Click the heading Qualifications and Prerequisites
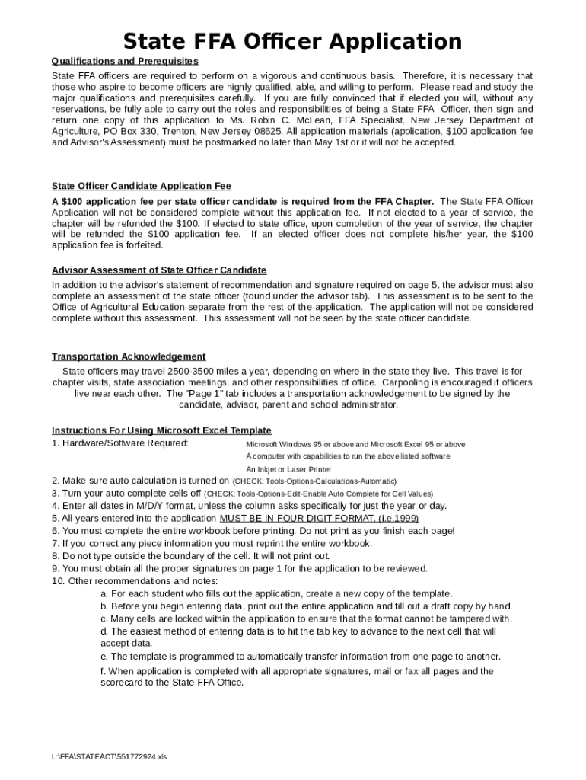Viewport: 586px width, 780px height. pyautogui.click(x=125, y=61)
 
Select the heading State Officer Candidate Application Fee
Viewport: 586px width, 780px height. pyautogui.click(x=142, y=186)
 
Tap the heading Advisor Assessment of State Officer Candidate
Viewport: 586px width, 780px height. pyautogui.click(x=159, y=270)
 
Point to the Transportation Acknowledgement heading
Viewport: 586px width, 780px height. pyautogui.click(x=129, y=356)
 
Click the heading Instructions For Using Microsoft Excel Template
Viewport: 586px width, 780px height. pyautogui.click(x=161, y=430)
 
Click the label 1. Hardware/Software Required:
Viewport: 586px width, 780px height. pyautogui.click(x=120, y=443)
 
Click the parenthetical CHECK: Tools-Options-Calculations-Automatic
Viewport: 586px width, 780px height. pyautogui.click(x=314, y=481)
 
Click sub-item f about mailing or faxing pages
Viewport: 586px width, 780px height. pyautogui.click(x=297, y=676)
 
